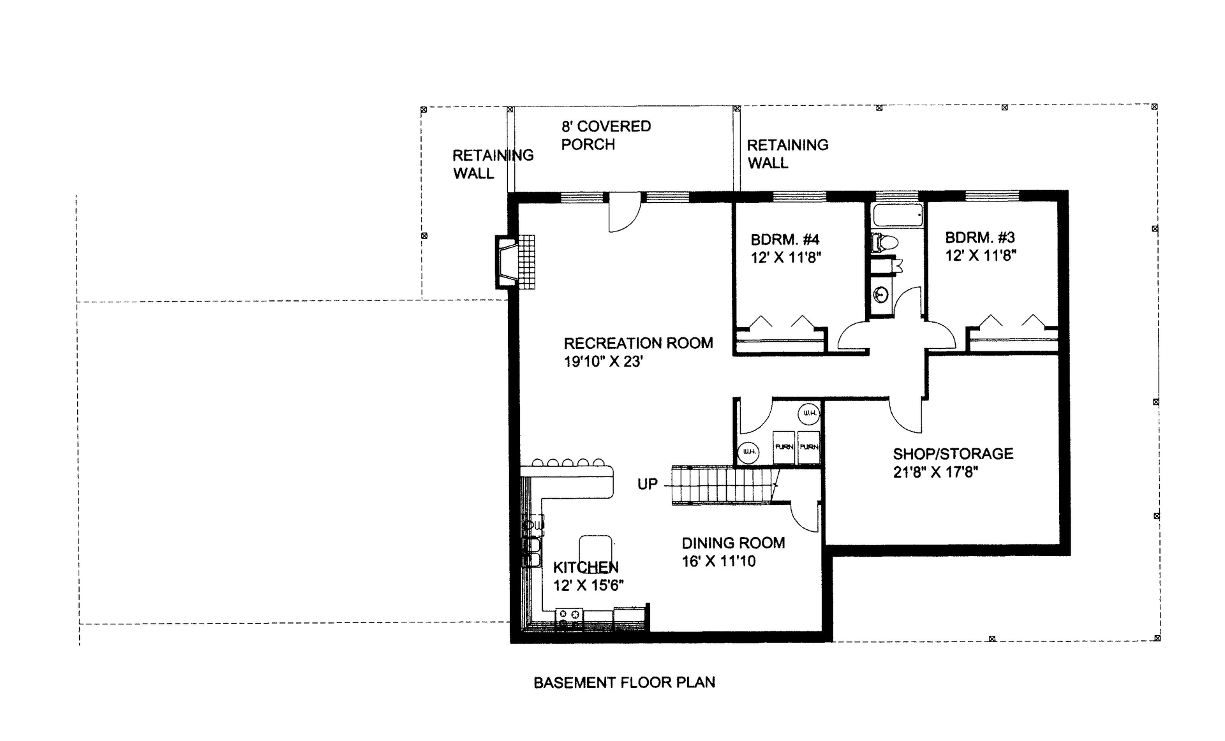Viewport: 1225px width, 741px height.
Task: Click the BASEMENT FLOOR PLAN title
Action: pos(623,682)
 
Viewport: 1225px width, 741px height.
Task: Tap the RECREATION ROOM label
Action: pos(638,343)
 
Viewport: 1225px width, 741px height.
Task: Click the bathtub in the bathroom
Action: pos(897,216)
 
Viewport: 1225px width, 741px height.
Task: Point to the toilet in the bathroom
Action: pos(886,242)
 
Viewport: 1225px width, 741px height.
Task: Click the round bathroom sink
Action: pos(881,295)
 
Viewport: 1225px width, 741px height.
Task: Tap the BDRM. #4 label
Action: pos(785,240)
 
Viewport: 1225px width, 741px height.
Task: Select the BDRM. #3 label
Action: pos(979,238)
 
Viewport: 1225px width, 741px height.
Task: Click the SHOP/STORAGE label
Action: pos(953,454)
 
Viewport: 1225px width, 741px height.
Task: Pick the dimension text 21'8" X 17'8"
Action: pos(935,473)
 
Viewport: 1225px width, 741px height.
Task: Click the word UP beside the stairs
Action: pos(647,484)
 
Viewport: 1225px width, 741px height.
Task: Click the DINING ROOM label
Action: pos(732,543)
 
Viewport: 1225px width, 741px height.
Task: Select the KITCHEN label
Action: pos(585,568)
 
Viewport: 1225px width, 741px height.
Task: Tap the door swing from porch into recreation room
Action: pos(624,214)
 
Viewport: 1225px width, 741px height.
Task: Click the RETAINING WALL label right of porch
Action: pos(787,154)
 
